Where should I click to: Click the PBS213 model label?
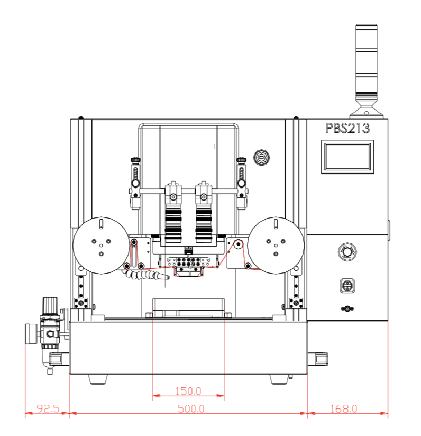click(x=347, y=128)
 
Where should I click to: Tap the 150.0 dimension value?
click(x=188, y=391)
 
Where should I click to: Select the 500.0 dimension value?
click(x=191, y=408)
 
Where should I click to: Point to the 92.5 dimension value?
click(x=48, y=408)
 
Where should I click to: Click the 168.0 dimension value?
click(x=343, y=408)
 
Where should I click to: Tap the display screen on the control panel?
click(x=347, y=157)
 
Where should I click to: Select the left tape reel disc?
click(x=101, y=246)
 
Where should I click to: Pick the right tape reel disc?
click(x=276, y=246)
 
